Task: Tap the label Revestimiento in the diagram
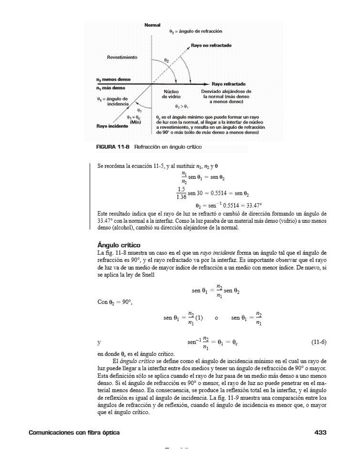pyautogui.click(x=122, y=57)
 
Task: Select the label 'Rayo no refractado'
pyautogui.click(x=212, y=45)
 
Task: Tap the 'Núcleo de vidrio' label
pyautogui.click(x=171, y=94)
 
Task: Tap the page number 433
pyautogui.click(x=320, y=432)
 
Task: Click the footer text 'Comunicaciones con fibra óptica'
pyautogui.click(x=74, y=432)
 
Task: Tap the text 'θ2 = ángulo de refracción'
pyautogui.click(x=196, y=31)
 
